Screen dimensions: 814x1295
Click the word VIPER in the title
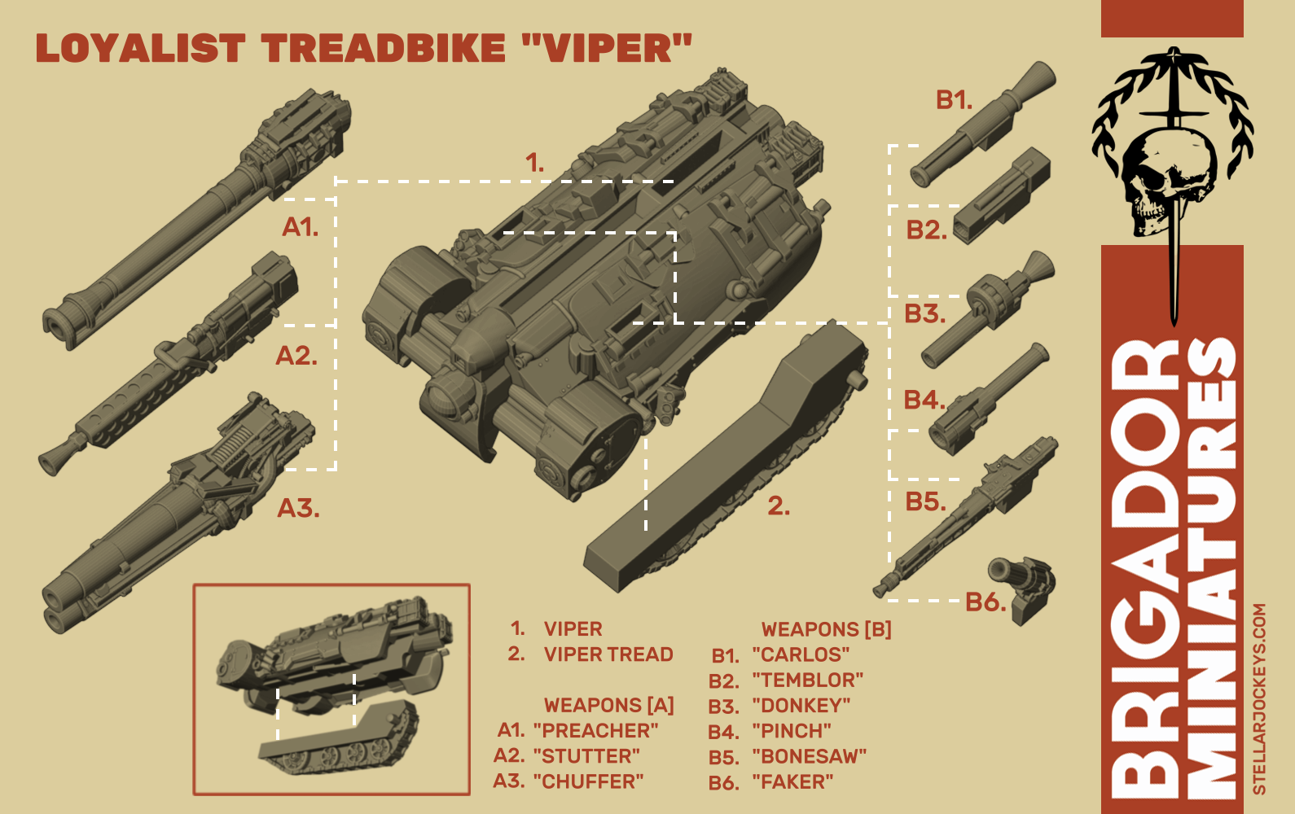pos(606,49)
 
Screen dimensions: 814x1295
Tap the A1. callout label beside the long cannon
pos(300,227)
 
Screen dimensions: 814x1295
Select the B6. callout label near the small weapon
pos(986,602)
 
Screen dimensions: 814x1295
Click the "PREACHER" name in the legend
pos(595,731)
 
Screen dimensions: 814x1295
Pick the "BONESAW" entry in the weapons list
pos(809,757)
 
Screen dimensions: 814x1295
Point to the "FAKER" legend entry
pos(792,782)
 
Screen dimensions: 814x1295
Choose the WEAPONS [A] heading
pos(608,705)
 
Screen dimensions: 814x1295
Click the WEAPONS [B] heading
pos(826,629)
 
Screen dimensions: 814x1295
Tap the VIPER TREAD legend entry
pos(608,654)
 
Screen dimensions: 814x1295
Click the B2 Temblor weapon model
pos(1002,196)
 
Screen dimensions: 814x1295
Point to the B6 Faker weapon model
pos(1023,587)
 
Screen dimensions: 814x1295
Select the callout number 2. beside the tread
pos(779,506)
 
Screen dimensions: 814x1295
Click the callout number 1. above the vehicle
pos(534,163)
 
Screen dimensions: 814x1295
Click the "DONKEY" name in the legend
pos(801,706)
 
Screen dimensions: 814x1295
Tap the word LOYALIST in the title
pos(140,49)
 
